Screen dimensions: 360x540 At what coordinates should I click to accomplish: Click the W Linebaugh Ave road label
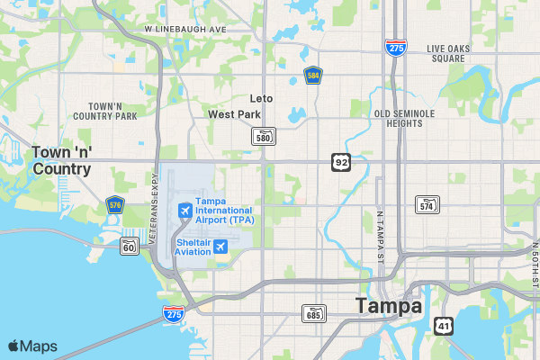[184, 29]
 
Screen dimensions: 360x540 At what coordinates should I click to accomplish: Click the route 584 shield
[313, 76]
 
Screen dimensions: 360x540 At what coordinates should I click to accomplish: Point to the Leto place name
[262, 99]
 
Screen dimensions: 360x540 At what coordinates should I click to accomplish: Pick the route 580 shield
[263, 136]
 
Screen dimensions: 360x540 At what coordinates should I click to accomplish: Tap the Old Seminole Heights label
[404, 118]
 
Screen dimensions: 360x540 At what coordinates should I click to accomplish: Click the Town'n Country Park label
[105, 111]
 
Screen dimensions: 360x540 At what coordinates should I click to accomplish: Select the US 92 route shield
[340, 162]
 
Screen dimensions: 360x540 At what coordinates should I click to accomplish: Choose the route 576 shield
[114, 205]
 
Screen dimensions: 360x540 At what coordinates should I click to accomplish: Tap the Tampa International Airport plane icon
[185, 211]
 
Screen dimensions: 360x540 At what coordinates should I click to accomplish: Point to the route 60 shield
[130, 246]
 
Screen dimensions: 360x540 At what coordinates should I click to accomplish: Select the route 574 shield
[427, 204]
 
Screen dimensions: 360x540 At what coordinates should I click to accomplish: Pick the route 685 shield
[313, 313]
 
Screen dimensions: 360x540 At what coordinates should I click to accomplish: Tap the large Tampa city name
[389, 306]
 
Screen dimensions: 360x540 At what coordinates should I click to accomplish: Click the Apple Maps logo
[32, 346]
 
